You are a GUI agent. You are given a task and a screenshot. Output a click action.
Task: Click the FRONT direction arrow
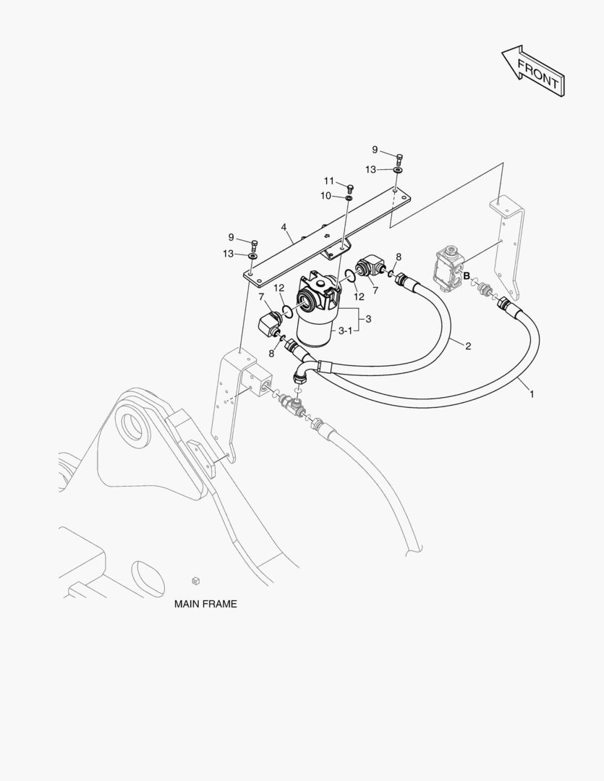(532, 70)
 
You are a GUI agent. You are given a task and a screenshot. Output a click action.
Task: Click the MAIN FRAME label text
(205, 604)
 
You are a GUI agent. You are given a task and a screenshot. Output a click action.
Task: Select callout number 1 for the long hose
(532, 394)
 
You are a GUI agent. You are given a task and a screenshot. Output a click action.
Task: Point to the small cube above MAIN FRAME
(196, 580)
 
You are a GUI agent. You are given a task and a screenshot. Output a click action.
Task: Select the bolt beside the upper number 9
(399, 159)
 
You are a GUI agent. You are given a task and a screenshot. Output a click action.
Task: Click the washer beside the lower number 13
(252, 256)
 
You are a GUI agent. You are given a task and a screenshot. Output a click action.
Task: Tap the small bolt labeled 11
(350, 188)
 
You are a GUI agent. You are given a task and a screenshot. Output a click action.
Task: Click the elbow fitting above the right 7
(370, 265)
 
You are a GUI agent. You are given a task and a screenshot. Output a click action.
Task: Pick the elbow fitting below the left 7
(271, 324)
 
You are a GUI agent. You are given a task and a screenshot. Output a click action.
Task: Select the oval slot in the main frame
(149, 579)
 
